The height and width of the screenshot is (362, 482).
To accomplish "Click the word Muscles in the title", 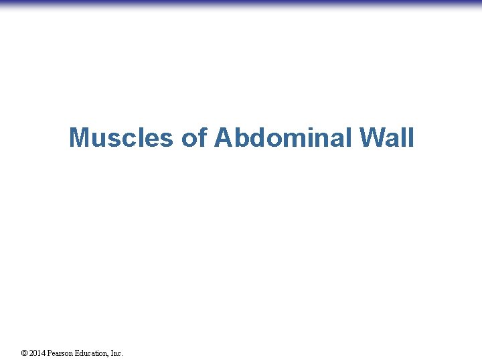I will tap(122, 138).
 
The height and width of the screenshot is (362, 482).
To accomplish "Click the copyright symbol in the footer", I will tap(25, 353).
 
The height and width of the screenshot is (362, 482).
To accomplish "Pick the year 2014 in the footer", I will tap(37, 353).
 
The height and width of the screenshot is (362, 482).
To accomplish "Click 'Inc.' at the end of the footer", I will tap(116, 353).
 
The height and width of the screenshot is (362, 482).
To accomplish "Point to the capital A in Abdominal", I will tap(223, 138).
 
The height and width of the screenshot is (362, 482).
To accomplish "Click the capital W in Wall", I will tap(372, 138).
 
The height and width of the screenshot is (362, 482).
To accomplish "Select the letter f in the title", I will tap(202, 138).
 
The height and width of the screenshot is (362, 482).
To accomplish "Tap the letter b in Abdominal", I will tap(239, 138).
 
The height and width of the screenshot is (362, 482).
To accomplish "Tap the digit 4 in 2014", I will tap(44, 353).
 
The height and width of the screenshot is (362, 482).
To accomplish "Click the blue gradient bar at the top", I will tap(241, 4).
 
